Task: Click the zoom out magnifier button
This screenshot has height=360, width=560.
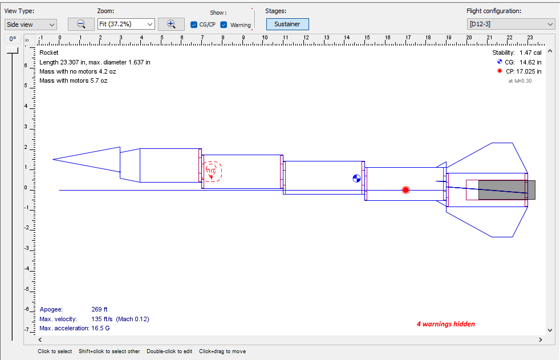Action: tap(81, 24)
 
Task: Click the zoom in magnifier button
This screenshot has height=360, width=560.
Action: tap(171, 24)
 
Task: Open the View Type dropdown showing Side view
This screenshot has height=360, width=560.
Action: tap(31, 25)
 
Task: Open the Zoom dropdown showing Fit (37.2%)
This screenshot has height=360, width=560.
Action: tap(126, 24)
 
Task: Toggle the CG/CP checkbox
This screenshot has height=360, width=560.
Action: tap(194, 25)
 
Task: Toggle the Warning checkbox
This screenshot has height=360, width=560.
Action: tap(224, 25)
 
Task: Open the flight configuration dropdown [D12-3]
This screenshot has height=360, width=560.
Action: tap(510, 24)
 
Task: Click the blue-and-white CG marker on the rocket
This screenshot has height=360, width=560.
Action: tap(357, 179)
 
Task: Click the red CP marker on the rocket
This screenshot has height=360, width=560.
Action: tap(405, 190)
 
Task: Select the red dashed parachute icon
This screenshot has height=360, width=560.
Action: tap(212, 171)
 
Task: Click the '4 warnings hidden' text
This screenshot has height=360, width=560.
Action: tap(445, 324)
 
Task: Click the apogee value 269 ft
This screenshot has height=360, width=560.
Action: tap(99, 310)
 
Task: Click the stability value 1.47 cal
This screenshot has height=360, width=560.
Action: tap(530, 52)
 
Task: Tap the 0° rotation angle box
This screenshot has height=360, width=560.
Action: tap(13, 39)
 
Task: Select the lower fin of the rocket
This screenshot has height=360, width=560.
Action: tap(490, 224)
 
